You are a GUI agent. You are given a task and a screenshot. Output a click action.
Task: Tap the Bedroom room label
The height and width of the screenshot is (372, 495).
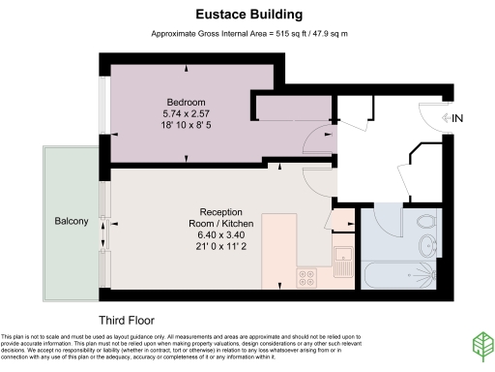coord(186,103)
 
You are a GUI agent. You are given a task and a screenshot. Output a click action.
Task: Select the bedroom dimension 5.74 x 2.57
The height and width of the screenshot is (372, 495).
coord(186,113)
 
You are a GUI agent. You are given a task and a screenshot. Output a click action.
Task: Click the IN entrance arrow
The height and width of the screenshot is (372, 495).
coord(451,117)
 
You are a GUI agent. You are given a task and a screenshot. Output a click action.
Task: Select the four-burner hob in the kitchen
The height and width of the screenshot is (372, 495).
coord(308,278)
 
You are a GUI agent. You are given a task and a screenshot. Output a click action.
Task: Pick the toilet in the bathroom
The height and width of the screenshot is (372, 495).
coord(426,226)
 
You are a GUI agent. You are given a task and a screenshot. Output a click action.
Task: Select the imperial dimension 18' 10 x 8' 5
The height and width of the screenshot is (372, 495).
coord(186,125)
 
